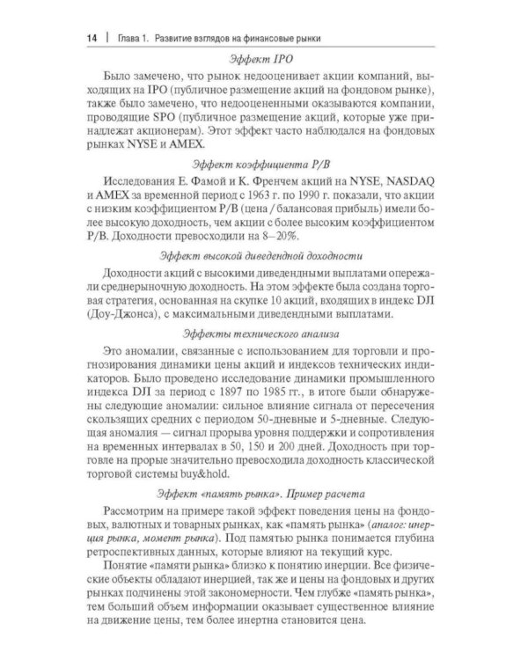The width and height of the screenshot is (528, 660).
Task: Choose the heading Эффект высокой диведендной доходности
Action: click(x=264, y=257)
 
